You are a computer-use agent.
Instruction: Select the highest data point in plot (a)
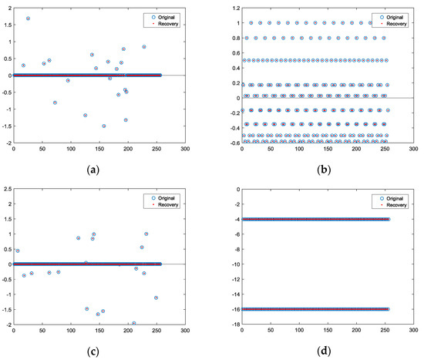click(28, 18)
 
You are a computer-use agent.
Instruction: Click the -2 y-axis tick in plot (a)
click(6, 143)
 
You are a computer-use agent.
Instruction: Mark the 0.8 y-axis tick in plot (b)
click(234, 38)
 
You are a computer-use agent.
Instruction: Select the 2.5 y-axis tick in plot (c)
click(7, 190)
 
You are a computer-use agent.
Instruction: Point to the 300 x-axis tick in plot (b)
click(413, 150)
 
